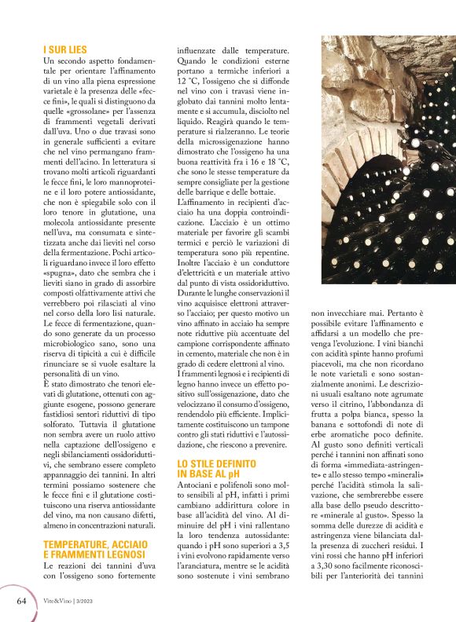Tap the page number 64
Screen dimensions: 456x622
pyautogui.click(x=22, y=601)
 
